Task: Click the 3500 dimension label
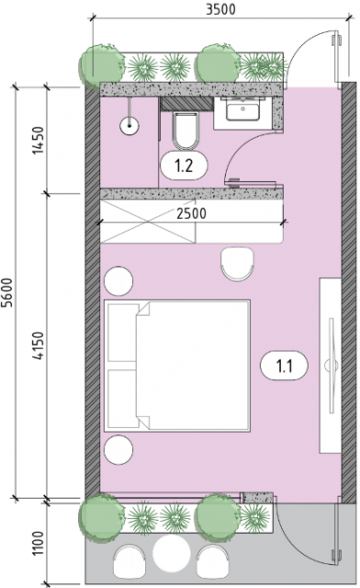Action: pyautogui.click(x=220, y=9)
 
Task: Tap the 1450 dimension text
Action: pyautogui.click(x=39, y=141)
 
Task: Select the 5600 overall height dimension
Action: pyautogui.click(x=7, y=292)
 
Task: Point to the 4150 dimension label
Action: pyautogui.click(x=39, y=345)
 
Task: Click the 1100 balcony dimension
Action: pyautogui.click(x=39, y=544)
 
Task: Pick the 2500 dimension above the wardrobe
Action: pyautogui.click(x=191, y=213)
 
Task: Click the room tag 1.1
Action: pyautogui.click(x=285, y=366)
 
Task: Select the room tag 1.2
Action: pyautogui.click(x=184, y=165)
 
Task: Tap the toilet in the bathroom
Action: pyautogui.click(x=186, y=130)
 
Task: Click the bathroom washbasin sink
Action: pyautogui.click(x=242, y=110)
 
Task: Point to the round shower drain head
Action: pyautogui.click(x=129, y=126)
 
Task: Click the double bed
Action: pyautogui.click(x=177, y=366)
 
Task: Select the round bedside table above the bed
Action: pyautogui.click(x=118, y=281)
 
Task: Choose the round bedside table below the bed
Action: pyautogui.click(x=118, y=450)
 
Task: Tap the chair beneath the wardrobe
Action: pyautogui.click(x=237, y=264)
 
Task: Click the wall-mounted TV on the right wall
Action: pyautogui.click(x=332, y=366)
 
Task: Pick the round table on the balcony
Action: pyautogui.click(x=171, y=553)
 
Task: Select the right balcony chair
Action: pyautogui.click(x=212, y=561)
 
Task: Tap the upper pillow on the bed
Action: pyautogui.click(x=122, y=333)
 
